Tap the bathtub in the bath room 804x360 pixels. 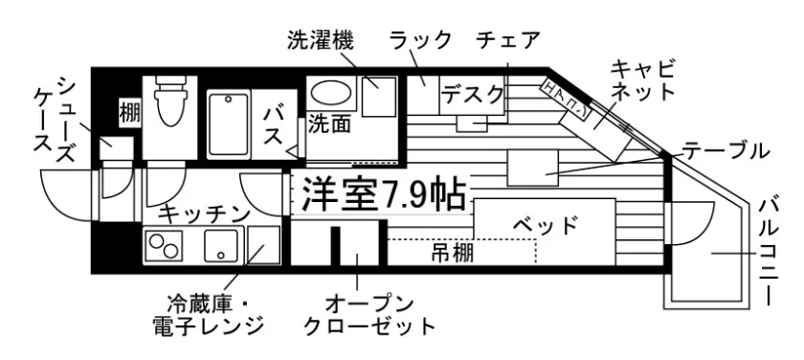click(x=229, y=124)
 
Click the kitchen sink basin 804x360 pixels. click(x=221, y=245)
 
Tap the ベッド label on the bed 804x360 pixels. click(x=545, y=225)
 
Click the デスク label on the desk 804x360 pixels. click(x=472, y=95)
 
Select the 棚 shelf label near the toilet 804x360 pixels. click(x=130, y=112)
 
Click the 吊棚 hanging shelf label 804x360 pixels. click(x=452, y=253)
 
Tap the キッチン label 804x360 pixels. click(x=204, y=214)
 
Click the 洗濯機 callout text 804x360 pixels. click(x=320, y=41)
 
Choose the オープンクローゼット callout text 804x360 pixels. click(x=369, y=315)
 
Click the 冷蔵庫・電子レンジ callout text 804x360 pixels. click(x=209, y=315)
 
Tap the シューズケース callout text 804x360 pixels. click(x=54, y=120)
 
